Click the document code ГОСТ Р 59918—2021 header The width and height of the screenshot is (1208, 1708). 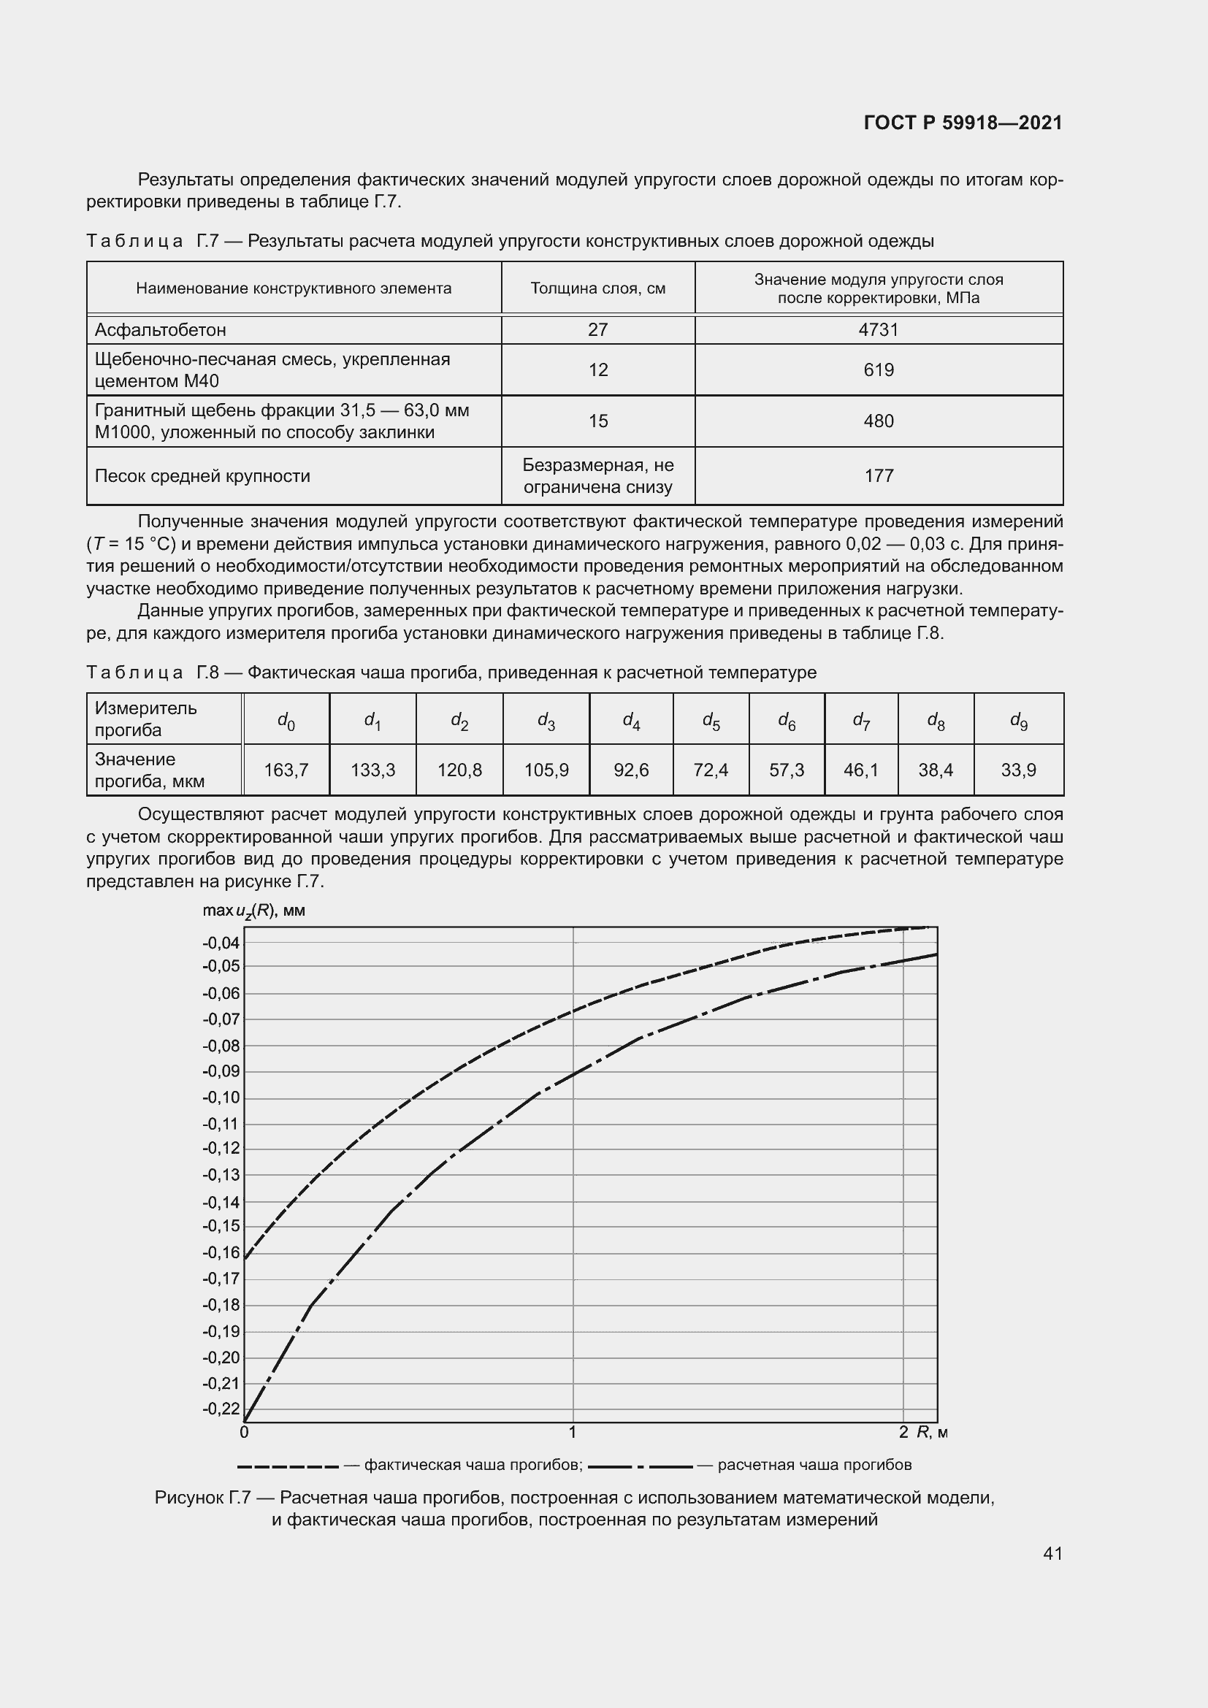coord(963,123)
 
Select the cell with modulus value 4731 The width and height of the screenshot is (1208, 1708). coord(879,329)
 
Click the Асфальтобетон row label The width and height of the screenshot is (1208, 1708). coord(161,329)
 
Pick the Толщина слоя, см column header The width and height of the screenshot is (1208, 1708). coord(597,288)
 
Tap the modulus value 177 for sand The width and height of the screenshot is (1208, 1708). coord(879,476)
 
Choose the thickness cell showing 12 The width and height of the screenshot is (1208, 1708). coord(597,369)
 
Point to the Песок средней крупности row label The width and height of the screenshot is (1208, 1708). coord(202,476)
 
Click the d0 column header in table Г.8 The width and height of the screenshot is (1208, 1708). coord(286,720)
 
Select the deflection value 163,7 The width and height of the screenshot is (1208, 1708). coord(286,770)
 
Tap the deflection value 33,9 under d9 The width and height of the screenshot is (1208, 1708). coord(1017,770)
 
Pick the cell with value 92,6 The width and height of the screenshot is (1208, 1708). coord(631,770)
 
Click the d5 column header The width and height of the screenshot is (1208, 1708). coord(711,720)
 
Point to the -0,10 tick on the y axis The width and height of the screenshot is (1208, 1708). coord(221,1098)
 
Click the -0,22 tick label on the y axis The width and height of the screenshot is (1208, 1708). coord(221,1408)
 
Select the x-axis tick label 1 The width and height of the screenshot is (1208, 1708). coord(572,1432)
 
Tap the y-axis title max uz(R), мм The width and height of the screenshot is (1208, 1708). coord(253,911)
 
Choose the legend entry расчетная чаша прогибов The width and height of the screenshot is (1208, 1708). coord(814,1465)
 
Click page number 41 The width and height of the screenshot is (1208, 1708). coord(1052,1553)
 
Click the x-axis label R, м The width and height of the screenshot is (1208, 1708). coord(932,1432)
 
